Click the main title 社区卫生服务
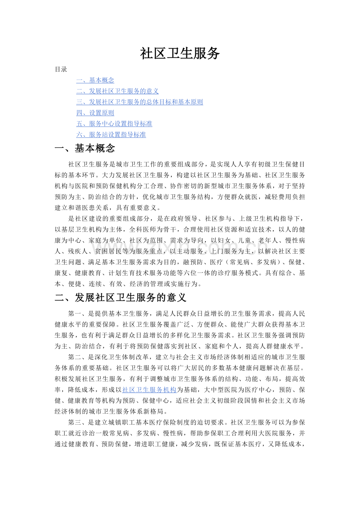(180, 54)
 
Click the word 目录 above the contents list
(61, 70)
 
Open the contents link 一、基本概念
(95, 80)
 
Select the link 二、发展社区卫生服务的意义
(117, 91)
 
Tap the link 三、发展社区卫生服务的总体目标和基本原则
(139, 102)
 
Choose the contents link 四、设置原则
(95, 113)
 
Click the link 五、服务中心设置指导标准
(114, 124)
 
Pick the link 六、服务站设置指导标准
(111, 135)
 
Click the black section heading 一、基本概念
(85, 149)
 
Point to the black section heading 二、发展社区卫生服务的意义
(121, 298)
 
